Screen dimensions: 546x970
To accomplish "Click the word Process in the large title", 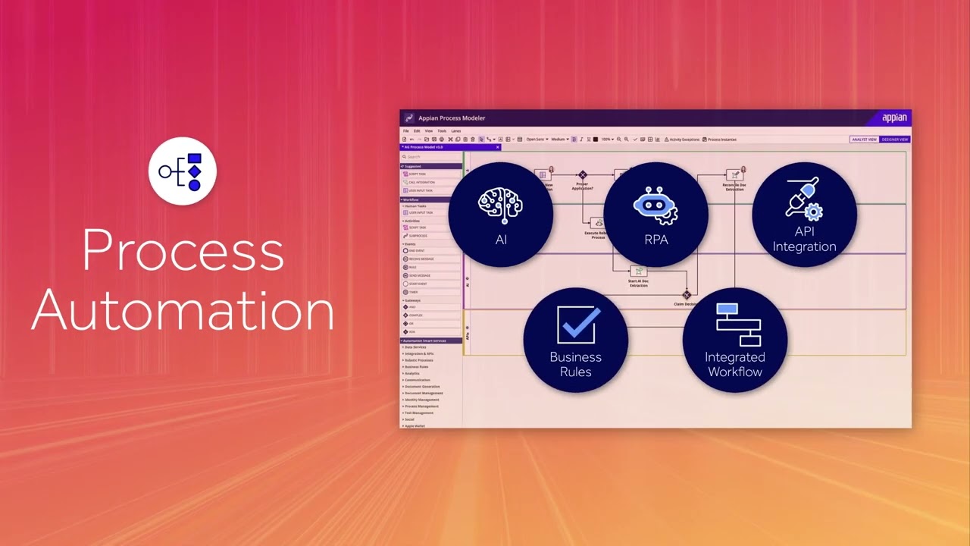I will click(x=183, y=251).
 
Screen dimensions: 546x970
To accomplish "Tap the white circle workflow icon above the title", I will click(x=183, y=171).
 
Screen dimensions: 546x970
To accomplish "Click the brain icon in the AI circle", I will click(x=501, y=206).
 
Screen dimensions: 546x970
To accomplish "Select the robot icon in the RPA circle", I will click(x=656, y=205).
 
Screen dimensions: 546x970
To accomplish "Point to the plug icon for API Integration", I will click(x=804, y=199).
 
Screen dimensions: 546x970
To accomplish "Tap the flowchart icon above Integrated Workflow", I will click(x=737, y=324).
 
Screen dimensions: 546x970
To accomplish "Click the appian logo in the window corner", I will click(x=894, y=118).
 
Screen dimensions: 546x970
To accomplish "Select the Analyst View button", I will click(x=865, y=140).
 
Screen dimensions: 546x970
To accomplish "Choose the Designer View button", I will click(x=895, y=140).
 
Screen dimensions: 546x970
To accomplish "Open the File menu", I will click(x=406, y=131).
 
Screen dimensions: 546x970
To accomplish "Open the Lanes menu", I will click(x=456, y=131).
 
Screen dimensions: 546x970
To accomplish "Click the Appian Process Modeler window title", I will click(x=452, y=118).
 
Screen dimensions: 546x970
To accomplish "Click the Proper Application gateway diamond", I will click(x=583, y=175).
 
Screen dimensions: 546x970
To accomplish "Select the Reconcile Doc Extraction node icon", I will click(x=734, y=175).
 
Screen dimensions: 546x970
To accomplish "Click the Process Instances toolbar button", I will click(x=720, y=140).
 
